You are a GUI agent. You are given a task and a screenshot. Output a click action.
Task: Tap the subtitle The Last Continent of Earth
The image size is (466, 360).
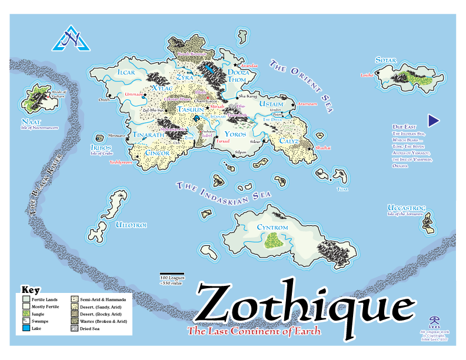click(x=254, y=331)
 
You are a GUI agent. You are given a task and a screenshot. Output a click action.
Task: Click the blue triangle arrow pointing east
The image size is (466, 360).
click(x=434, y=121)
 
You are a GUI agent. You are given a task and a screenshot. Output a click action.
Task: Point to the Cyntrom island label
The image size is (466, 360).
click(x=272, y=227)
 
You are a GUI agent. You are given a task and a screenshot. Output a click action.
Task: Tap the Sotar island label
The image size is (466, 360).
click(x=386, y=61)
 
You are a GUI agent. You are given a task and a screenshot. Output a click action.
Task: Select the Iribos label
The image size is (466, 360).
click(x=98, y=147)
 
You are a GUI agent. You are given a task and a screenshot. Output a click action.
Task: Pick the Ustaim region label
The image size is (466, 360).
click(x=271, y=104)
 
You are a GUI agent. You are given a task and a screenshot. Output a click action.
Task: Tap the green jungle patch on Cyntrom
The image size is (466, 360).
click(x=273, y=239)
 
